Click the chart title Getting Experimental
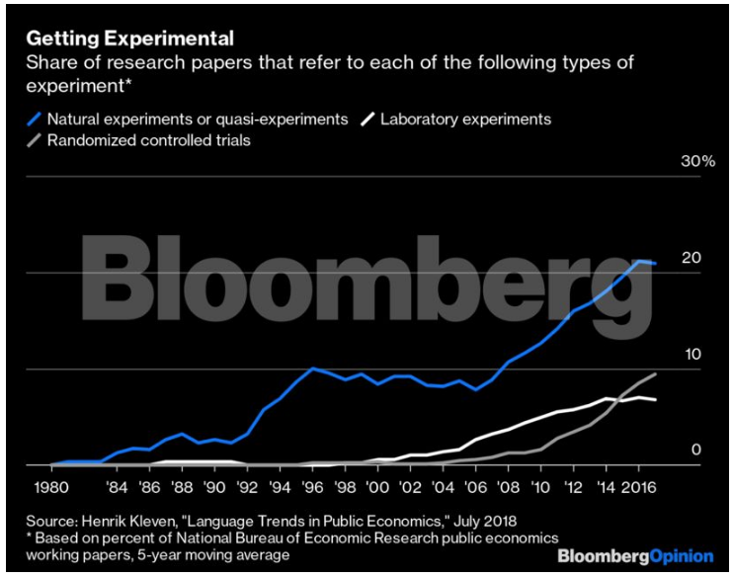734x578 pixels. [128, 40]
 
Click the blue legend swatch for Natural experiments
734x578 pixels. [33, 120]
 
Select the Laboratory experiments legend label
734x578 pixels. [466, 120]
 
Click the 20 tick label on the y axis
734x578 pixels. [692, 258]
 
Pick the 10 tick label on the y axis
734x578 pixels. [692, 354]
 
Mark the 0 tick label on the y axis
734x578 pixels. [695, 451]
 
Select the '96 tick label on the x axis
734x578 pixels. [312, 486]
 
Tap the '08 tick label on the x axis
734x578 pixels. [507, 486]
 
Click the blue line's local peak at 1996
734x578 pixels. [312, 369]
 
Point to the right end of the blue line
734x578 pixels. [655, 263]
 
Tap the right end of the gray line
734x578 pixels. [655, 374]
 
